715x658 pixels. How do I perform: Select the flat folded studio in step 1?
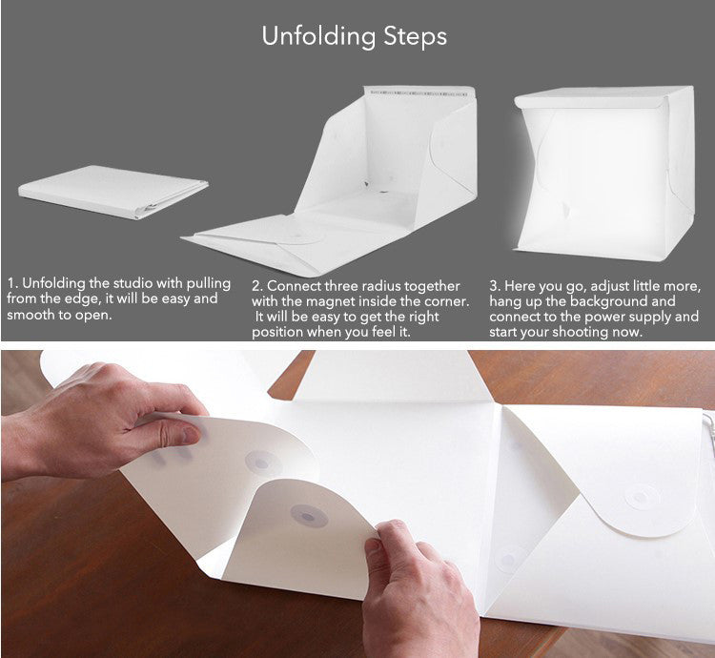point(112,191)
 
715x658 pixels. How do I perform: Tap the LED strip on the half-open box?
point(419,93)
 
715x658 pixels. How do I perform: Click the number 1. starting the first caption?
point(12,283)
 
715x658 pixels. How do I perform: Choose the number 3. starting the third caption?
point(495,286)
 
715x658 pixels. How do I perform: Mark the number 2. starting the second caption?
point(257,286)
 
